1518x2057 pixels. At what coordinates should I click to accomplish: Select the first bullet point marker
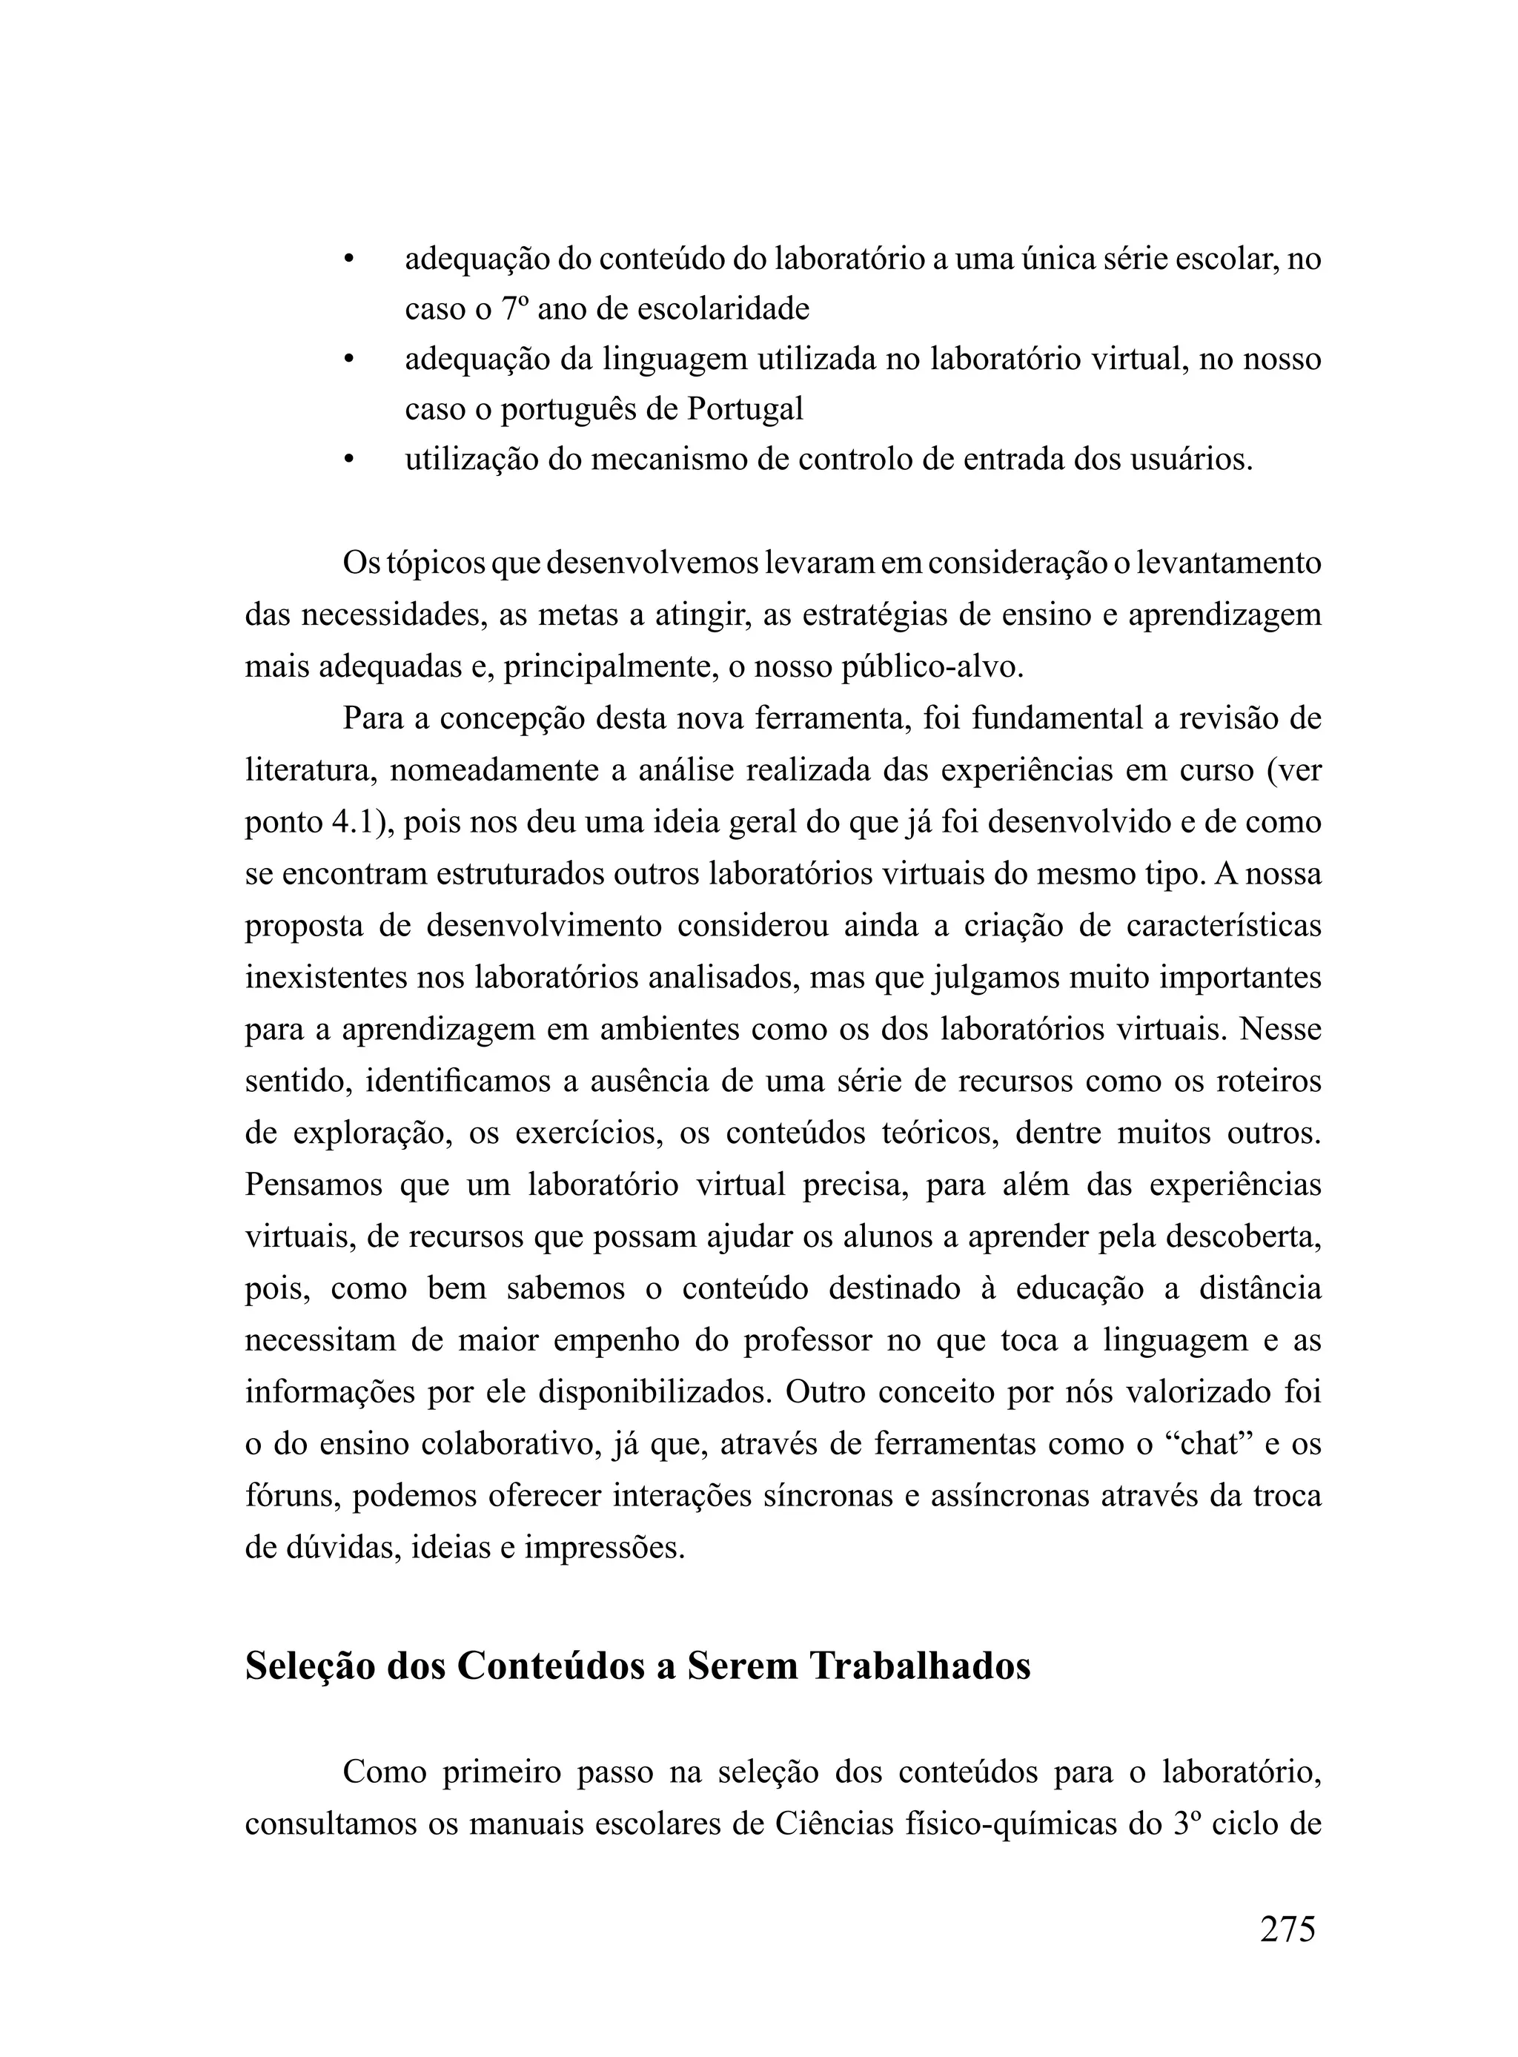[x=348, y=260]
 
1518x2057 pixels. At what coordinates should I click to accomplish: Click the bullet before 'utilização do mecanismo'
[x=348, y=460]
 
